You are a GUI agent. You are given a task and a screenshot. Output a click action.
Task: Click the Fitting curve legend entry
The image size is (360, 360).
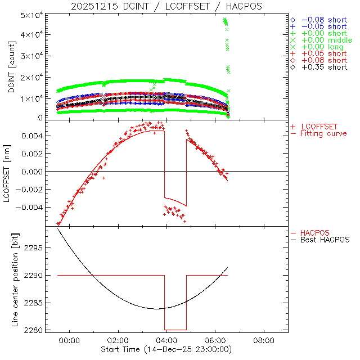[x=323, y=133]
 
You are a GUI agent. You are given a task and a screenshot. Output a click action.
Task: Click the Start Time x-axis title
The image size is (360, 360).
[x=168, y=350]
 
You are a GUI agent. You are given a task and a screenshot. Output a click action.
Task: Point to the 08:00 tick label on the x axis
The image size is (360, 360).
[x=264, y=341]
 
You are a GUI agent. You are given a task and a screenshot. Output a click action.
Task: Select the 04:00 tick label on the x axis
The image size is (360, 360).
[x=166, y=341]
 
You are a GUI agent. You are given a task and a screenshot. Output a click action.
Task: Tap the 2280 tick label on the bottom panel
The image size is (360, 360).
[x=37, y=330]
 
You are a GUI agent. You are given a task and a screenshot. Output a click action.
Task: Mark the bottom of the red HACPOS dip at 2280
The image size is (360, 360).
[x=175, y=330]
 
